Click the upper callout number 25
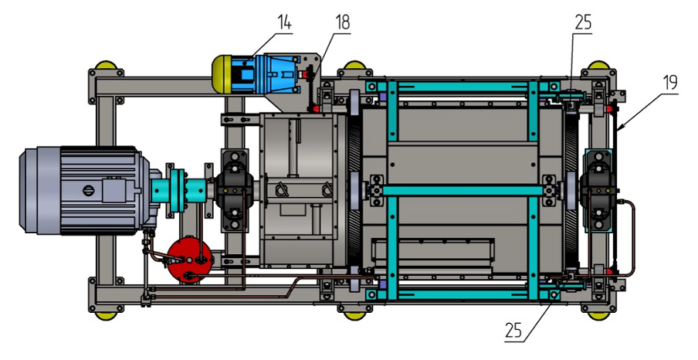583,22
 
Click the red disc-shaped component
187,260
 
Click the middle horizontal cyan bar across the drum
463,189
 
